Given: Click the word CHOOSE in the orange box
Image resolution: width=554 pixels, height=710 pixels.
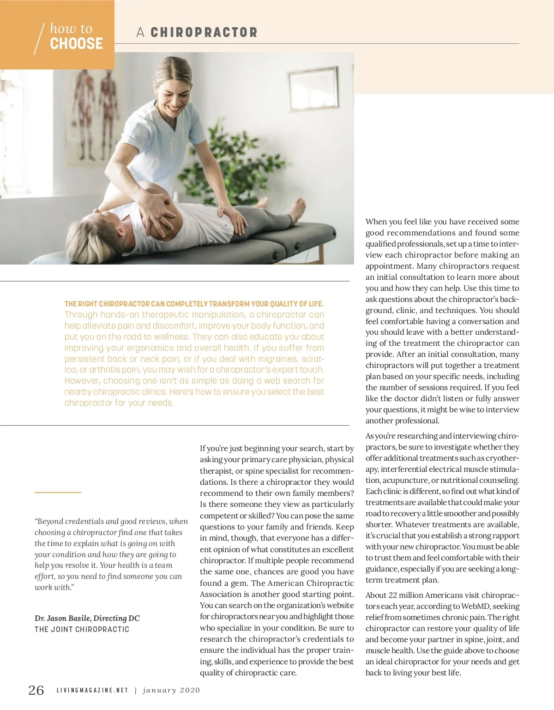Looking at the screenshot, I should [76, 44].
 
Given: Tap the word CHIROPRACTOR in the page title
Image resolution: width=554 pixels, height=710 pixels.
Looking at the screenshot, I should [204, 32].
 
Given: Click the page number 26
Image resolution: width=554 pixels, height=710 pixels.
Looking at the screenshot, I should [36, 690].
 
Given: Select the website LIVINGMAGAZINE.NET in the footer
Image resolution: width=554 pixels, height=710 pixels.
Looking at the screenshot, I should [92, 691].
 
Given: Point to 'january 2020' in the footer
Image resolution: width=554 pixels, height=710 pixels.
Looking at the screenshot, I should [171, 691].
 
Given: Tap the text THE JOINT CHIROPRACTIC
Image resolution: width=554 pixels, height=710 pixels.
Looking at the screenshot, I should [82, 630].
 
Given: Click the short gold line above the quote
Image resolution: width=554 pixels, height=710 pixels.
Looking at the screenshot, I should [58, 493].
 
